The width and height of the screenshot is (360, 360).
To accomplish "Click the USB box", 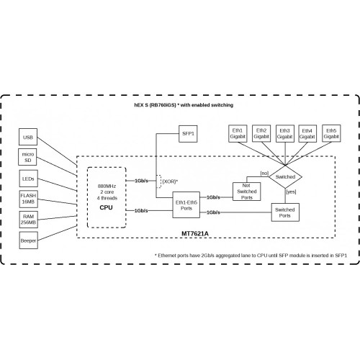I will click(x=29, y=137).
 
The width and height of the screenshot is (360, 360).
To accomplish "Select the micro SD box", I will click(x=29, y=157).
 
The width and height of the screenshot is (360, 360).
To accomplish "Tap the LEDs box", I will click(x=29, y=178).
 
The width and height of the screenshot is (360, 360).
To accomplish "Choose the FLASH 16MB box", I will click(x=29, y=198).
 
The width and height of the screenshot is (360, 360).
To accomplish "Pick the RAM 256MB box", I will click(x=29, y=219).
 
